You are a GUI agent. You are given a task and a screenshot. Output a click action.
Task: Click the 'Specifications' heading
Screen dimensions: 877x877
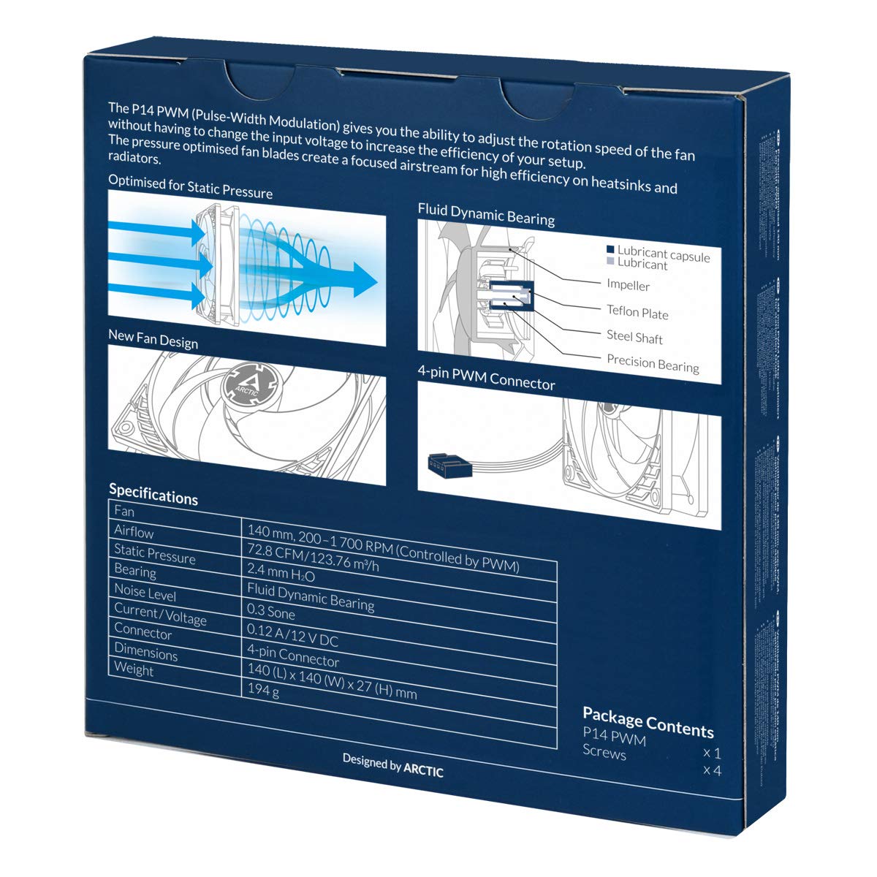click(153, 494)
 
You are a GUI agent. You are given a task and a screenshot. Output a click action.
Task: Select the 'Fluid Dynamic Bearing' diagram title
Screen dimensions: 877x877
click(486, 213)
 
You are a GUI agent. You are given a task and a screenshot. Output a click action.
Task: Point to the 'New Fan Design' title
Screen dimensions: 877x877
click(153, 339)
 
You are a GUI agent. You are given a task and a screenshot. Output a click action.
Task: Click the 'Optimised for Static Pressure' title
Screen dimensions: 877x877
click(190, 186)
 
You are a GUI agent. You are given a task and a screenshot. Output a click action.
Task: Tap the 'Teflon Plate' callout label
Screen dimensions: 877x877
click(637, 312)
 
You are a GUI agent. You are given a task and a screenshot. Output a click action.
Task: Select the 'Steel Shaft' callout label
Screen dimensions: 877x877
click(634, 337)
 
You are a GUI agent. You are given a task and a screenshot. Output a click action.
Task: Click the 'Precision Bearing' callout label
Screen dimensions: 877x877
click(653, 363)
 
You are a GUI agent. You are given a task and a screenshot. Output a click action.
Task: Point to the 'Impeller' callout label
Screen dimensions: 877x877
click(628, 285)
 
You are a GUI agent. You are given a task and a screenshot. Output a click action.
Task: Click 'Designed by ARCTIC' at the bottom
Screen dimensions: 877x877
click(392, 765)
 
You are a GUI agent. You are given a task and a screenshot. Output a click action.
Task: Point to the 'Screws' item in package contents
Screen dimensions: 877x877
click(604, 752)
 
